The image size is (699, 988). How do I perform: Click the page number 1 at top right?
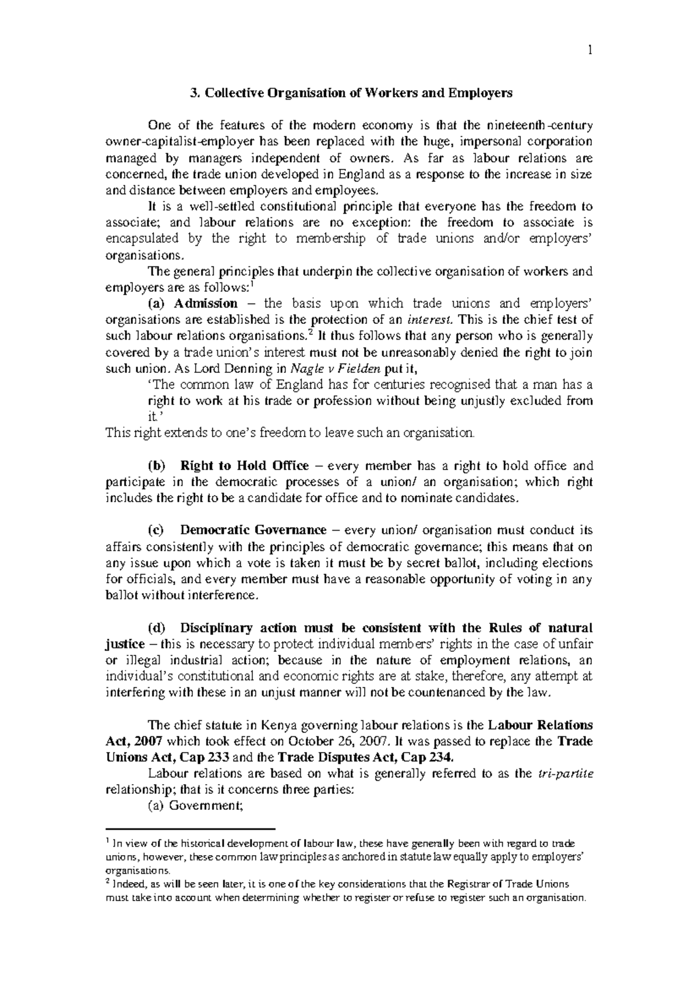click(x=589, y=51)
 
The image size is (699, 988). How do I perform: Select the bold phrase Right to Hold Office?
click(x=245, y=465)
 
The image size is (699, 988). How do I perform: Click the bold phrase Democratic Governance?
click(x=253, y=530)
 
